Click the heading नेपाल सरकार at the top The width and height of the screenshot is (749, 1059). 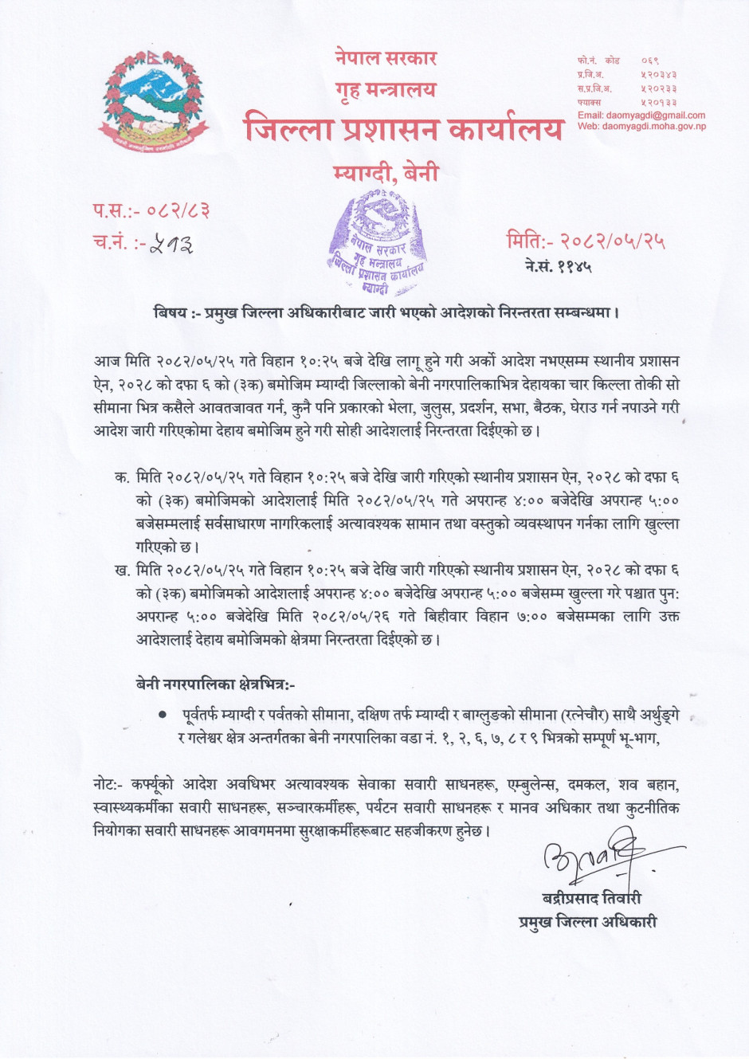pyautogui.click(x=386, y=57)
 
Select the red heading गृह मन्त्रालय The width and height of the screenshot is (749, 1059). pyautogui.click(x=386, y=89)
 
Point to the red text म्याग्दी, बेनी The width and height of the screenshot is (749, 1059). pyautogui.click(x=386, y=172)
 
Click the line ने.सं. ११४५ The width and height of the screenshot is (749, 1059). pyautogui.click(x=558, y=266)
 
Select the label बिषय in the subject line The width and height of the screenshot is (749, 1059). pyautogui.click(x=171, y=312)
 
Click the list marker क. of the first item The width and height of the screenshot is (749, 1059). pyautogui.click(x=122, y=477)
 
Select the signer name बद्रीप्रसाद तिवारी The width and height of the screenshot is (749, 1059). pyautogui.click(x=591, y=898)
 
